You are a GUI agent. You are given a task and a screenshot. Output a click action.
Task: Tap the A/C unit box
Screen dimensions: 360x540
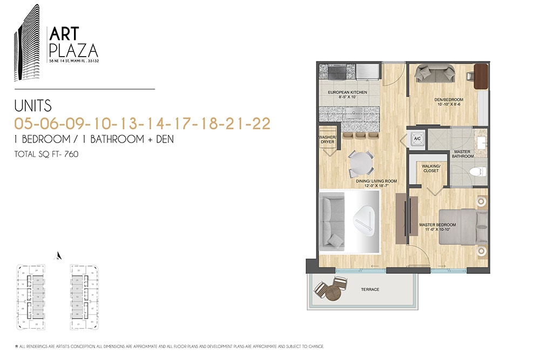pyautogui.click(x=416, y=138)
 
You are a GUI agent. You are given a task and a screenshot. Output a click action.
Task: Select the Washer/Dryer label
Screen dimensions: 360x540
pyautogui.click(x=328, y=140)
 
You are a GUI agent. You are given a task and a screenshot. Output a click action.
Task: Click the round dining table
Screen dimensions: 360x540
pyautogui.click(x=361, y=161)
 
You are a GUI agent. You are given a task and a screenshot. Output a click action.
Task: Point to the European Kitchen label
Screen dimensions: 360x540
pyautogui.click(x=347, y=94)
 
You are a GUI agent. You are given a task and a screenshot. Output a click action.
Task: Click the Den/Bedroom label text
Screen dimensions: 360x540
pyautogui.click(x=448, y=101)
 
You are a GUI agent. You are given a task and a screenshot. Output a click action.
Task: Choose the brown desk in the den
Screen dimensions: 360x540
pyautogui.click(x=481, y=76)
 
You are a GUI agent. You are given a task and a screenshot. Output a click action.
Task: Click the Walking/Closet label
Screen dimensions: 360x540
pyautogui.click(x=431, y=168)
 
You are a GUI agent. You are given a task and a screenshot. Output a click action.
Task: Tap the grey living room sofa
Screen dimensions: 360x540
pyautogui.click(x=332, y=222)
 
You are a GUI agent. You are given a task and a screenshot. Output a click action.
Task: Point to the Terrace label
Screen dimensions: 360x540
pyautogui.click(x=370, y=290)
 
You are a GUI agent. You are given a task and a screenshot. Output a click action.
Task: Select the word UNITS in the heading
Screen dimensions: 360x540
pyautogui.click(x=33, y=105)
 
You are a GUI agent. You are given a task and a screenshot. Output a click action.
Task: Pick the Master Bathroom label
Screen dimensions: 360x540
pyautogui.click(x=463, y=154)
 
